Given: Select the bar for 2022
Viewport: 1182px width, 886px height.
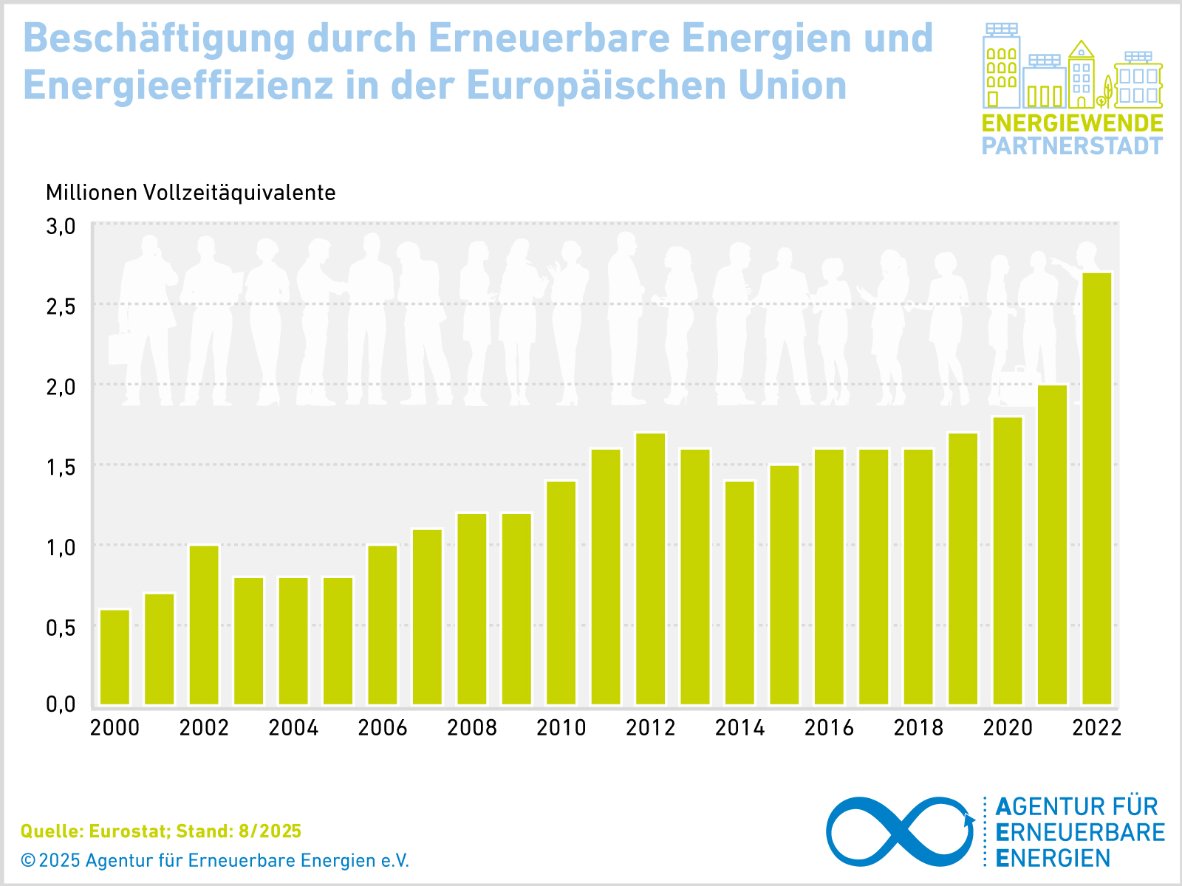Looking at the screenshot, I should click(1096, 489).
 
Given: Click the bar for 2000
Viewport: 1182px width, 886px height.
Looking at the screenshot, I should click(115, 657).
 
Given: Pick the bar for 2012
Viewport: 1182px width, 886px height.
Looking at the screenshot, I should click(650, 569).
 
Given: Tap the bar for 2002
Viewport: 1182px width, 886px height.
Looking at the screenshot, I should click(204, 625).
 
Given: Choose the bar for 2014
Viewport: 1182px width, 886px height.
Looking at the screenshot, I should click(739, 593).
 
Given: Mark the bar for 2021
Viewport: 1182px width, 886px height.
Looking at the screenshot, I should click(1052, 545).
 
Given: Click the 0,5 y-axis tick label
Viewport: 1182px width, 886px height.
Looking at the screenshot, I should click(61, 628).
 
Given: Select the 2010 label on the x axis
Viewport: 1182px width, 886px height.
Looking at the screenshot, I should click(561, 728).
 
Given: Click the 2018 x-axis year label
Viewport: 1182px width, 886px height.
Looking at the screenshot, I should click(918, 728).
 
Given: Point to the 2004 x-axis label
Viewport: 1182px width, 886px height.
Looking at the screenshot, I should click(293, 728).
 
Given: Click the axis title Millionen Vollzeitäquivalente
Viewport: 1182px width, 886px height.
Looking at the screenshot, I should click(191, 193).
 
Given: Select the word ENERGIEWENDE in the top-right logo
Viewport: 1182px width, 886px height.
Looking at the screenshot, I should click(1072, 123).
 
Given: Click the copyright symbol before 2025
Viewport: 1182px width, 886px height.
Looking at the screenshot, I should click(28, 861).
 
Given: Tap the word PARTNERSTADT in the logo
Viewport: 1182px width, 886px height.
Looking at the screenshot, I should click(1072, 146).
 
